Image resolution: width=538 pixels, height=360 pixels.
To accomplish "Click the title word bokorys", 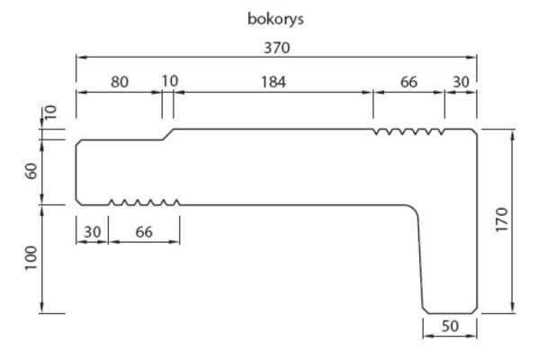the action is (x=275, y=19).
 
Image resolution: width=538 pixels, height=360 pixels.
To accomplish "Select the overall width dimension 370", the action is (x=276, y=48).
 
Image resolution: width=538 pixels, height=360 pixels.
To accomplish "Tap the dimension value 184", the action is (x=273, y=82).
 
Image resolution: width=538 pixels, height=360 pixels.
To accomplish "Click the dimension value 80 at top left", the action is (x=120, y=83).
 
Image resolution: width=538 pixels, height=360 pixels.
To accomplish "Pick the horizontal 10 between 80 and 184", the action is (x=170, y=81).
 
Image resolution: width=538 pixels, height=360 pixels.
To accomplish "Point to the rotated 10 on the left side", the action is (x=50, y=112).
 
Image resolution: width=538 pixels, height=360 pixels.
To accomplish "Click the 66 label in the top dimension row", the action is (x=408, y=82).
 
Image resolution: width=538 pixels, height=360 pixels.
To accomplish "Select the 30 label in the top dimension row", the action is (x=461, y=82).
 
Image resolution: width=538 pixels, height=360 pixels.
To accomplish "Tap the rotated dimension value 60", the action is (x=31, y=171).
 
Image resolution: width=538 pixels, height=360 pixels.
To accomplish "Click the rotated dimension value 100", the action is (x=31, y=258).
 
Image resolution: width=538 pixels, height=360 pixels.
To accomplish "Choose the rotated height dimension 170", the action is (x=502, y=220).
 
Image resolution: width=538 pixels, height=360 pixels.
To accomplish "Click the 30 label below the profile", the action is (x=93, y=232).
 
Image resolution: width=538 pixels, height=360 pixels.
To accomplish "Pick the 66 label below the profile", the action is (x=144, y=232).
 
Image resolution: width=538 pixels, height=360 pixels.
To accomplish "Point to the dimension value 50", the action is (x=450, y=326).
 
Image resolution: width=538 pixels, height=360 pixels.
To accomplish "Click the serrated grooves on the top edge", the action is (x=409, y=131).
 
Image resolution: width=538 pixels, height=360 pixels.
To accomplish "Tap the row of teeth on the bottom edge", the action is (x=144, y=202).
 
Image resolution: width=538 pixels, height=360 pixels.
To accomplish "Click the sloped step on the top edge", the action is (x=167, y=134).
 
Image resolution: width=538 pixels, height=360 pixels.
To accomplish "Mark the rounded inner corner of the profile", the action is (x=414, y=209).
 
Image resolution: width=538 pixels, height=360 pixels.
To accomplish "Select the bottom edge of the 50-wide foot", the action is (x=450, y=313).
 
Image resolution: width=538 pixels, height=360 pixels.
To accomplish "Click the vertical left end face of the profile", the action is (x=76, y=172).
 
